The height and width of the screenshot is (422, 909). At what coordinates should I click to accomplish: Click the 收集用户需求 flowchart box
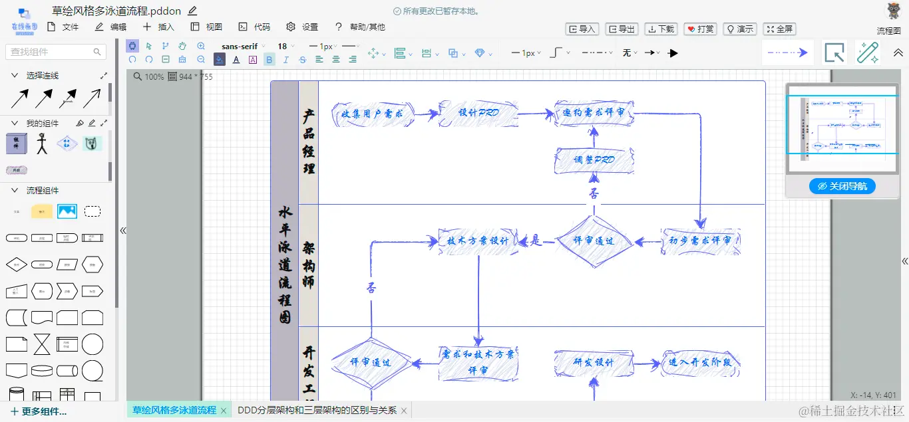click(373, 114)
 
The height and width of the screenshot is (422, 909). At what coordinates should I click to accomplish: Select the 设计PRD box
click(478, 113)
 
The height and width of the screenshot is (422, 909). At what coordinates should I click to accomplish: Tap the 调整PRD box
click(594, 160)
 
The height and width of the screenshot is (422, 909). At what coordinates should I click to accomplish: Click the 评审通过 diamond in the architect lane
click(594, 241)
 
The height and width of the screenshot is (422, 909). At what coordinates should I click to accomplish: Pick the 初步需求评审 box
click(700, 241)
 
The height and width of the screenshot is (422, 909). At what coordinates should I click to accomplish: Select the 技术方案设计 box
click(478, 241)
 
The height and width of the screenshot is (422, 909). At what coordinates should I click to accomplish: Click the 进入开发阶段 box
click(700, 363)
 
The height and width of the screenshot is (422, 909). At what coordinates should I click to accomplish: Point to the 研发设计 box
click(594, 363)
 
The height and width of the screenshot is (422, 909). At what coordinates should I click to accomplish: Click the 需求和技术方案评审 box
click(478, 363)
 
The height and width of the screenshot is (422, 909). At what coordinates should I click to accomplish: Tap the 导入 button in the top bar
click(582, 29)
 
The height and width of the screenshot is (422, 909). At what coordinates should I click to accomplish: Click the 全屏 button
click(779, 29)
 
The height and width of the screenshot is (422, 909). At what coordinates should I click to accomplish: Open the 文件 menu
click(63, 27)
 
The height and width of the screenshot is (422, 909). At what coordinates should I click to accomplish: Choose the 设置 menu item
click(302, 27)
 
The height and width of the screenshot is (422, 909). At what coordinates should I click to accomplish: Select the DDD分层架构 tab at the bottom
click(317, 411)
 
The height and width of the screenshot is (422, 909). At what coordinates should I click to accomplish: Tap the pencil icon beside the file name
click(192, 11)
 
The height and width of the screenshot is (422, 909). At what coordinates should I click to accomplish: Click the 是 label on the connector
click(536, 241)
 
